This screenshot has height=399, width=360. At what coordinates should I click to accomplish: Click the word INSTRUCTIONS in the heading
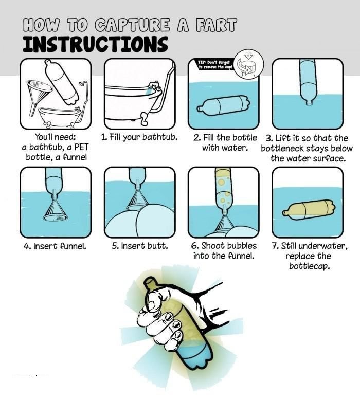tap(96, 44)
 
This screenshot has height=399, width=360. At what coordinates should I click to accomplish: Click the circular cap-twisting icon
tap(248, 63)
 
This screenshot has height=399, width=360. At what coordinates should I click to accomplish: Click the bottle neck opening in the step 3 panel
tap(309, 103)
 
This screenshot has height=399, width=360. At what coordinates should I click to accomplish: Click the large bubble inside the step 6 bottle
tap(221, 182)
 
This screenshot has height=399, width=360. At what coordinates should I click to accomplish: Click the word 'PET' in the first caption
tap(81, 147)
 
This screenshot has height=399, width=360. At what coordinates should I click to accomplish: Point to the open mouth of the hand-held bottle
tap(150, 281)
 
